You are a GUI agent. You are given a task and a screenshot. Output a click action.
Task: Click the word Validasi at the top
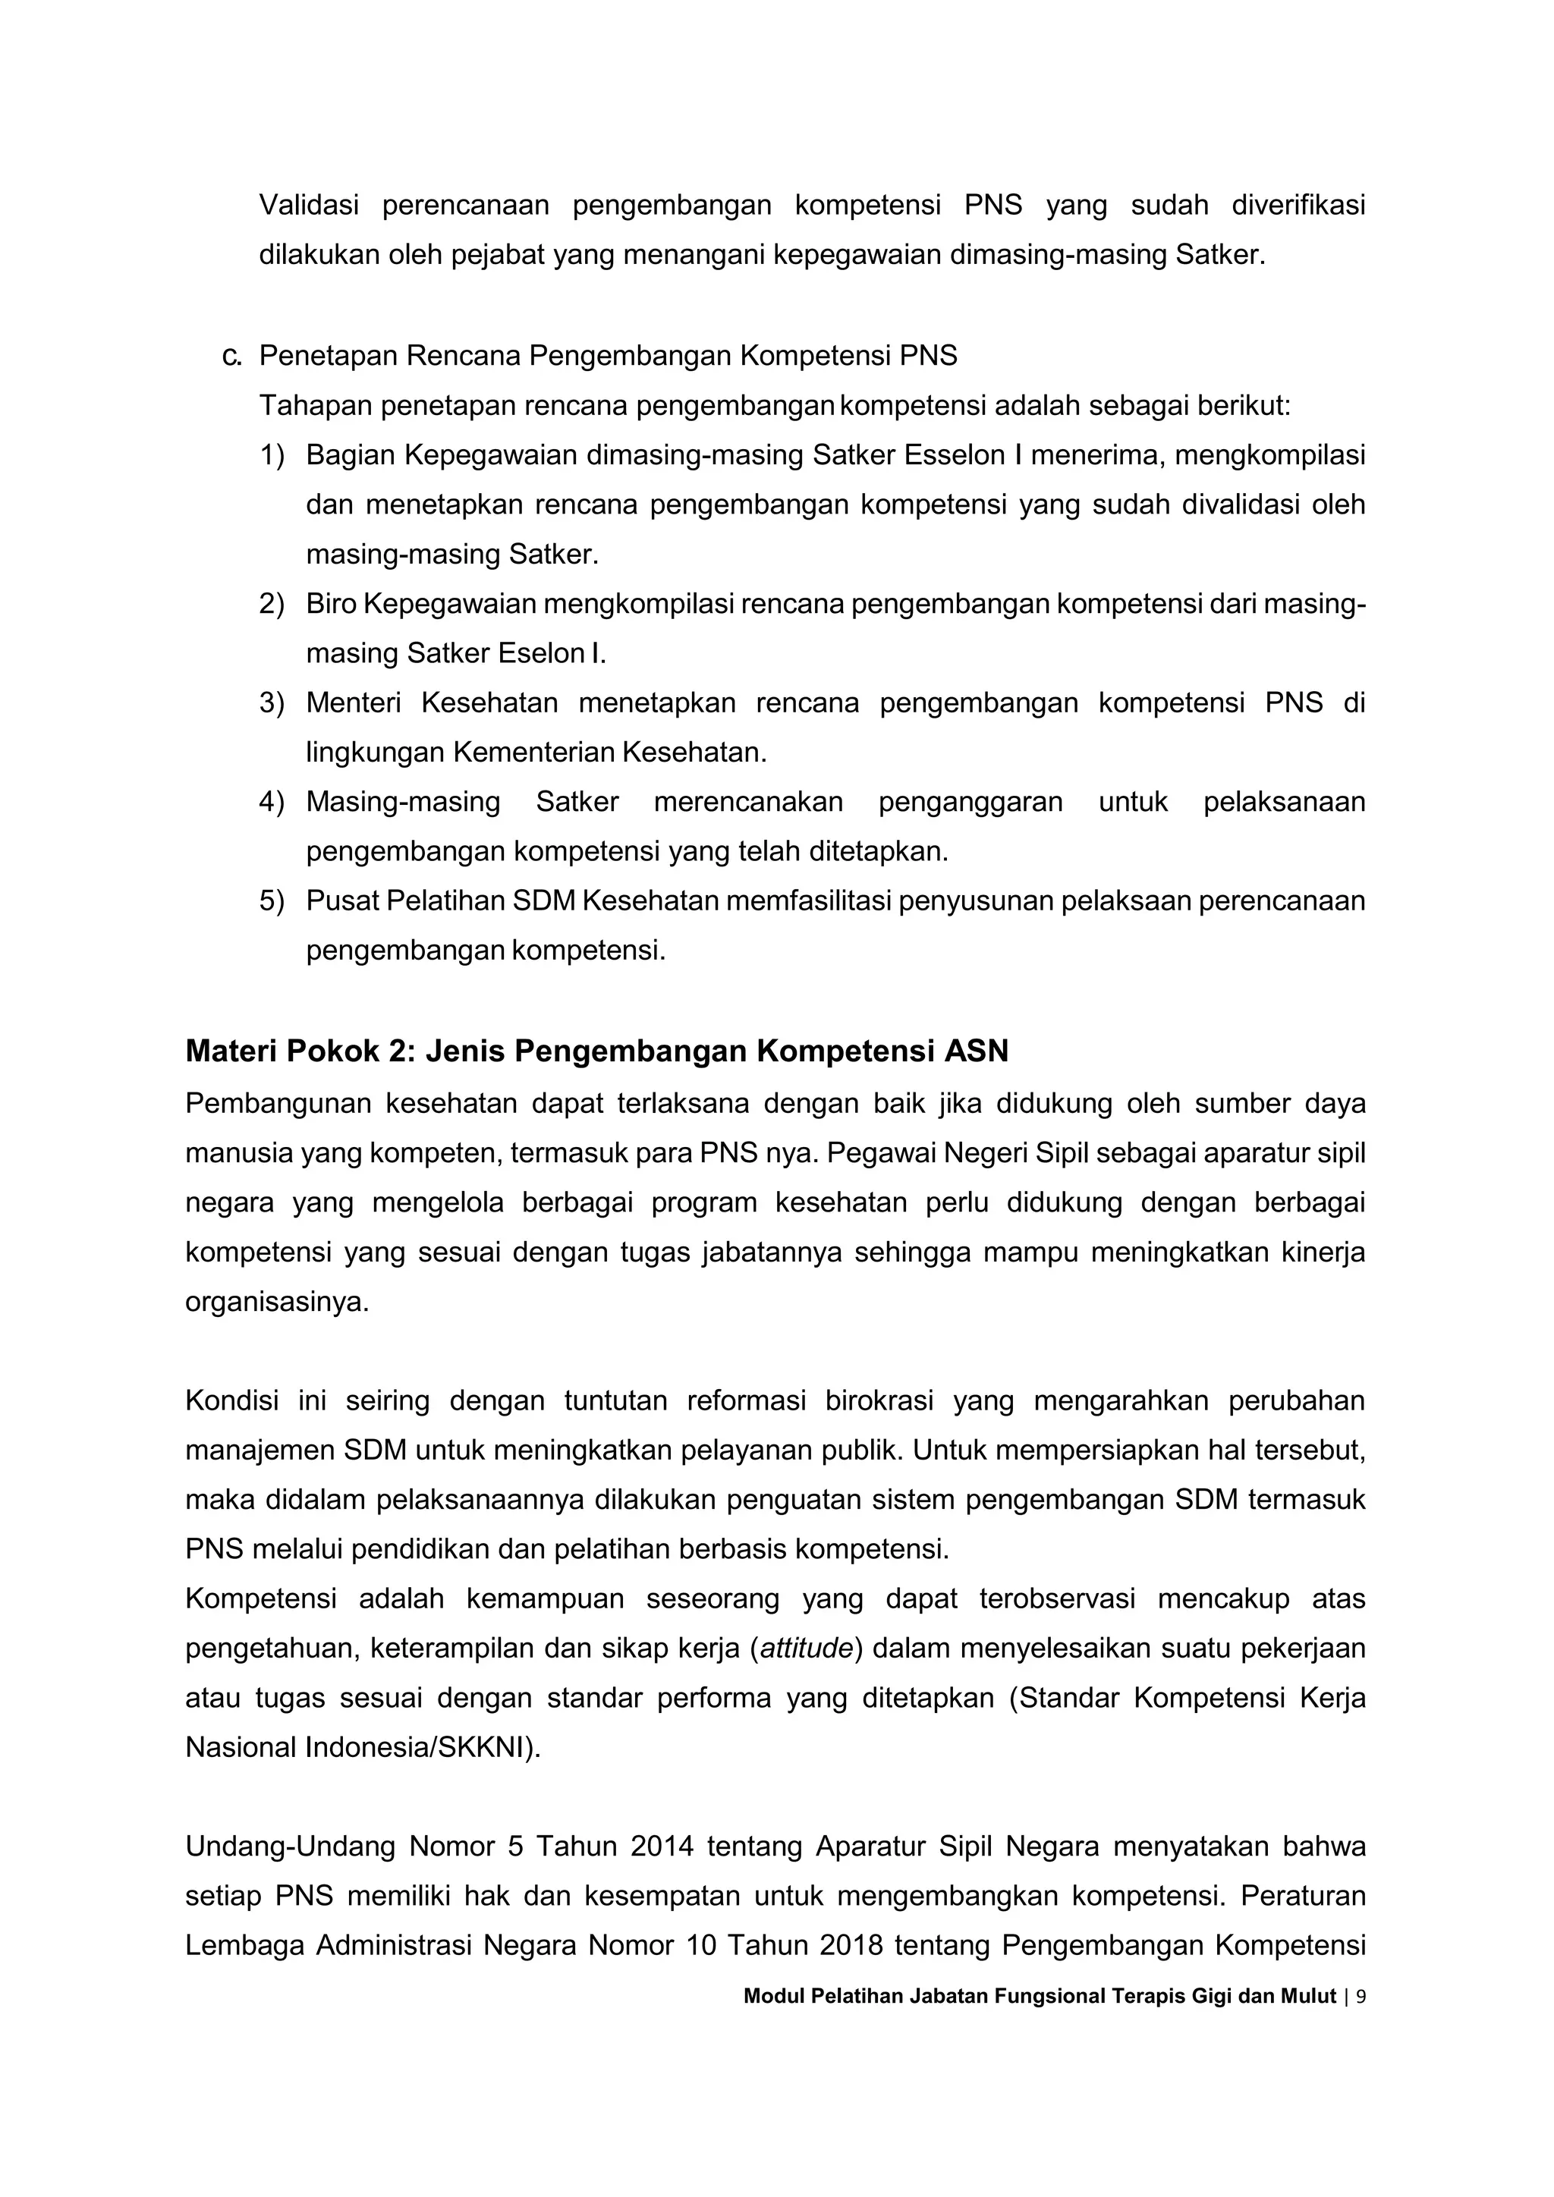point(308,205)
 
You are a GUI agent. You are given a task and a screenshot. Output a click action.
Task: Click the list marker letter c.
point(231,356)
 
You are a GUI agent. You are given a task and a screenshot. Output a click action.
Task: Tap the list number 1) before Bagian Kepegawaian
point(272,454)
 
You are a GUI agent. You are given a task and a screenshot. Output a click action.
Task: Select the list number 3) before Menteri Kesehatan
point(272,702)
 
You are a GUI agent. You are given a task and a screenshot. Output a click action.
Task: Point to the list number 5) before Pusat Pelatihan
point(272,900)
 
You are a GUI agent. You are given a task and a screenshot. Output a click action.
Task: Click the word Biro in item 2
point(330,604)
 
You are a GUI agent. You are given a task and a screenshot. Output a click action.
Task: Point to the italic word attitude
point(805,1648)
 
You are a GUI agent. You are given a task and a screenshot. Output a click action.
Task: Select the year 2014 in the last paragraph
point(661,1846)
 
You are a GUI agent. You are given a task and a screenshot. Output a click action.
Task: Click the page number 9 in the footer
point(1361,1996)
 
